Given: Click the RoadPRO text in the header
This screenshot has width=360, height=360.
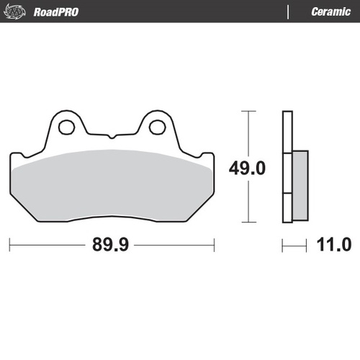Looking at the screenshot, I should (56, 12).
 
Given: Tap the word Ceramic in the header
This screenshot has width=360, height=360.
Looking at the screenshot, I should (330, 12).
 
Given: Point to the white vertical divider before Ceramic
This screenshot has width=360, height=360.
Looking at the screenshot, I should (288, 12).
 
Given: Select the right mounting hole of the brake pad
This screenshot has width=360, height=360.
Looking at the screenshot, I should (157, 128).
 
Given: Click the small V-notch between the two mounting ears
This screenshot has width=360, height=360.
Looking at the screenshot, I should (112, 136).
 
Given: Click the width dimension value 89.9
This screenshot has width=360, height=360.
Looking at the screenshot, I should (111, 245).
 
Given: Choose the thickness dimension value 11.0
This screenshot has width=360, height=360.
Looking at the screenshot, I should (333, 245).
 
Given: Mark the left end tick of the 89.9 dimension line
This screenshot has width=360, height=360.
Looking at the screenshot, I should (10, 245).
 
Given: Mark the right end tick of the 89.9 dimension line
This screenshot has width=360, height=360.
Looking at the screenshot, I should (214, 245).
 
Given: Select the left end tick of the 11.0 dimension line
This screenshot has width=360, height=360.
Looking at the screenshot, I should (282, 245).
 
